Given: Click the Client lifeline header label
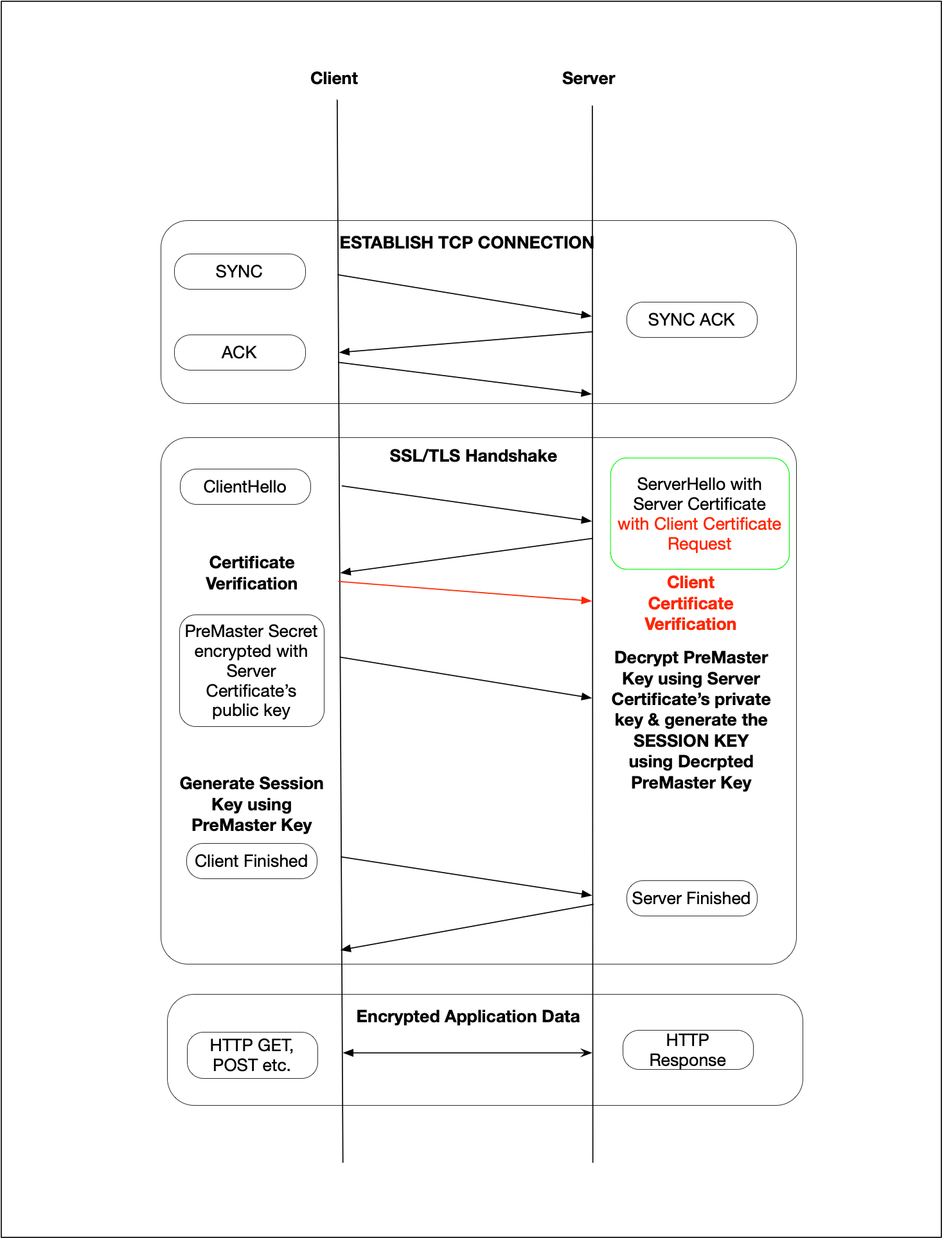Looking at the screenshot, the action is [x=334, y=78].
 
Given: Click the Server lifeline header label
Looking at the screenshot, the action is [x=589, y=78].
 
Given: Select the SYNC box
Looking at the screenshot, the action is [x=240, y=272].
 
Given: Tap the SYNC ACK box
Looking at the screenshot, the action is [x=691, y=320].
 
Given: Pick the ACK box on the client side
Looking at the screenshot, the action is [x=240, y=353].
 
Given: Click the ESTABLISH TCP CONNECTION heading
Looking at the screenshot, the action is [x=467, y=243].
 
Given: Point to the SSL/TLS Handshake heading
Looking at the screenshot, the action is [x=473, y=456].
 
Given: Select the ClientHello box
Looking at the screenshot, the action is [x=245, y=487].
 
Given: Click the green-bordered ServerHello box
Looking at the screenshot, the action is [x=700, y=514].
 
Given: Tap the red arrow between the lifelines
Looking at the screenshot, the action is [x=465, y=591].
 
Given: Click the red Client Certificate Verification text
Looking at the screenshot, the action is [x=691, y=603].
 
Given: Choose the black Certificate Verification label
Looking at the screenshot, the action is [x=252, y=573].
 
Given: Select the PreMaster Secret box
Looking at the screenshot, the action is [x=252, y=670].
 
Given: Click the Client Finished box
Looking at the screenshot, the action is [x=252, y=861].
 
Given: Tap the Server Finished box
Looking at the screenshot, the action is [x=691, y=898].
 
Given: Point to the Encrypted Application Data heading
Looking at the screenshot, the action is [x=468, y=1016].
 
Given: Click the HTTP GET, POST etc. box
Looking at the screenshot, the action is [x=253, y=1055].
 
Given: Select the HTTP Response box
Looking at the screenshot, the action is [x=688, y=1050].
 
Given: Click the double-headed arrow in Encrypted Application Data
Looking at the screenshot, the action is [x=468, y=1052].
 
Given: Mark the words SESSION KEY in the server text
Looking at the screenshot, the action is [x=691, y=741].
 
